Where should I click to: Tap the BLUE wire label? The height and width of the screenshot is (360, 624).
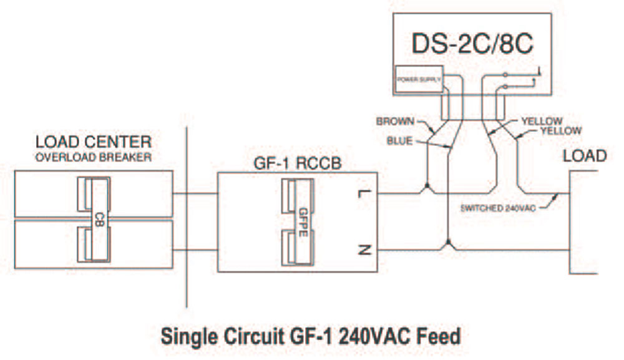click(x=399, y=141)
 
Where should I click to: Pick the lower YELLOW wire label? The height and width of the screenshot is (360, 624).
click(x=560, y=131)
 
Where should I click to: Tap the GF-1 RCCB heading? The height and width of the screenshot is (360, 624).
click(x=298, y=163)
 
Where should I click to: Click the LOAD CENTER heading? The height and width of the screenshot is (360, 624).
click(x=93, y=142)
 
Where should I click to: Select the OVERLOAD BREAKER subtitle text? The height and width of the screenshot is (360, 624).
click(x=93, y=157)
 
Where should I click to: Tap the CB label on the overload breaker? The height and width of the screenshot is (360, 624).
click(x=98, y=216)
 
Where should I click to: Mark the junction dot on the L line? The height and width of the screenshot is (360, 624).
click(x=426, y=187)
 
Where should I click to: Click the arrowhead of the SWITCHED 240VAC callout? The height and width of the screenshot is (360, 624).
click(x=557, y=198)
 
